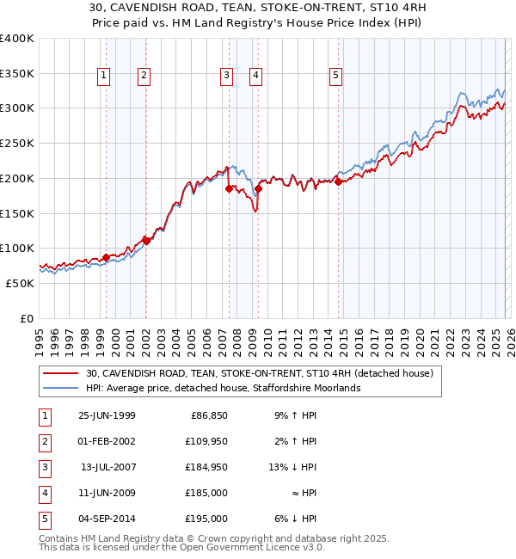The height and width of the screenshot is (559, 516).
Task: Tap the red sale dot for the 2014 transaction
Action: [339, 181]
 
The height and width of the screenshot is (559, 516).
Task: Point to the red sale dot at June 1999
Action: [106, 257]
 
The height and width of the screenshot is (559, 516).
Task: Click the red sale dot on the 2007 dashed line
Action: [229, 188]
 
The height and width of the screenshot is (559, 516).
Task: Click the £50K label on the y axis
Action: [21, 283]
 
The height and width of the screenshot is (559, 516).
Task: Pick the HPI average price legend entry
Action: [223, 388]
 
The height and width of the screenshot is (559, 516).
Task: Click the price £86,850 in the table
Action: [207, 415]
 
